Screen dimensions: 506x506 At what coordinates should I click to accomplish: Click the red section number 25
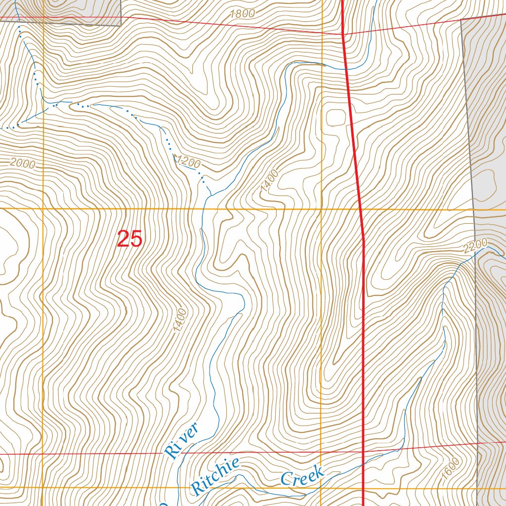(130, 239)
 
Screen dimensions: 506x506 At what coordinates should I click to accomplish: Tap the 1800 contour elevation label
(242, 14)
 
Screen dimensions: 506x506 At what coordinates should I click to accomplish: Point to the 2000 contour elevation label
(23, 164)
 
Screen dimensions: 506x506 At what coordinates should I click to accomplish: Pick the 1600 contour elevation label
(451, 467)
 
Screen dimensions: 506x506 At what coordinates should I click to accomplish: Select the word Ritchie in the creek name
(215, 476)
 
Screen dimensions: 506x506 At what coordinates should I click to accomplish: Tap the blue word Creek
(302, 475)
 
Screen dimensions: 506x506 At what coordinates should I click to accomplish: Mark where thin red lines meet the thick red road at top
(343, 34)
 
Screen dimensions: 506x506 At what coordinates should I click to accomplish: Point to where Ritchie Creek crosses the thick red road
(364, 464)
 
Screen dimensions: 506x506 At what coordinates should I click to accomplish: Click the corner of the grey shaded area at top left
(121, 25)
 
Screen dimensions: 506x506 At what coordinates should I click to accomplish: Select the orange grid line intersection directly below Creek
(322, 488)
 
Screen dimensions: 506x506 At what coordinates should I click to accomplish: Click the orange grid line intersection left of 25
(43, 209)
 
